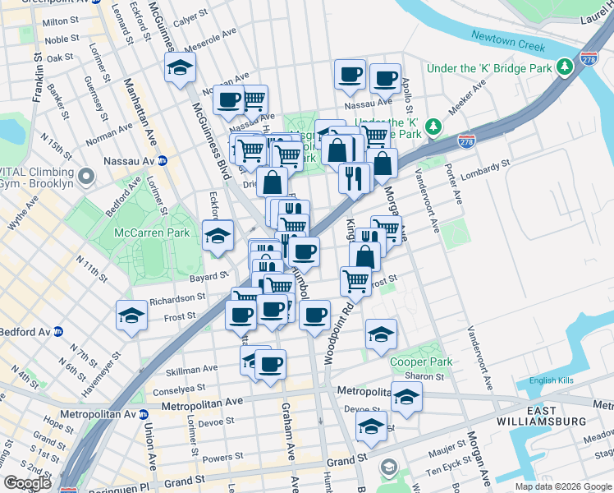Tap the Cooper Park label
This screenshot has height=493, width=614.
point(421,362)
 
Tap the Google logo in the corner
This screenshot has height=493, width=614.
point(27,483)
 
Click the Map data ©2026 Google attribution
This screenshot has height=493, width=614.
point(563,486)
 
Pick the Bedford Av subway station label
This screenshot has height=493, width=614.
point(31,332)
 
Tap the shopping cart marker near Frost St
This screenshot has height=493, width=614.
point(355,280)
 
